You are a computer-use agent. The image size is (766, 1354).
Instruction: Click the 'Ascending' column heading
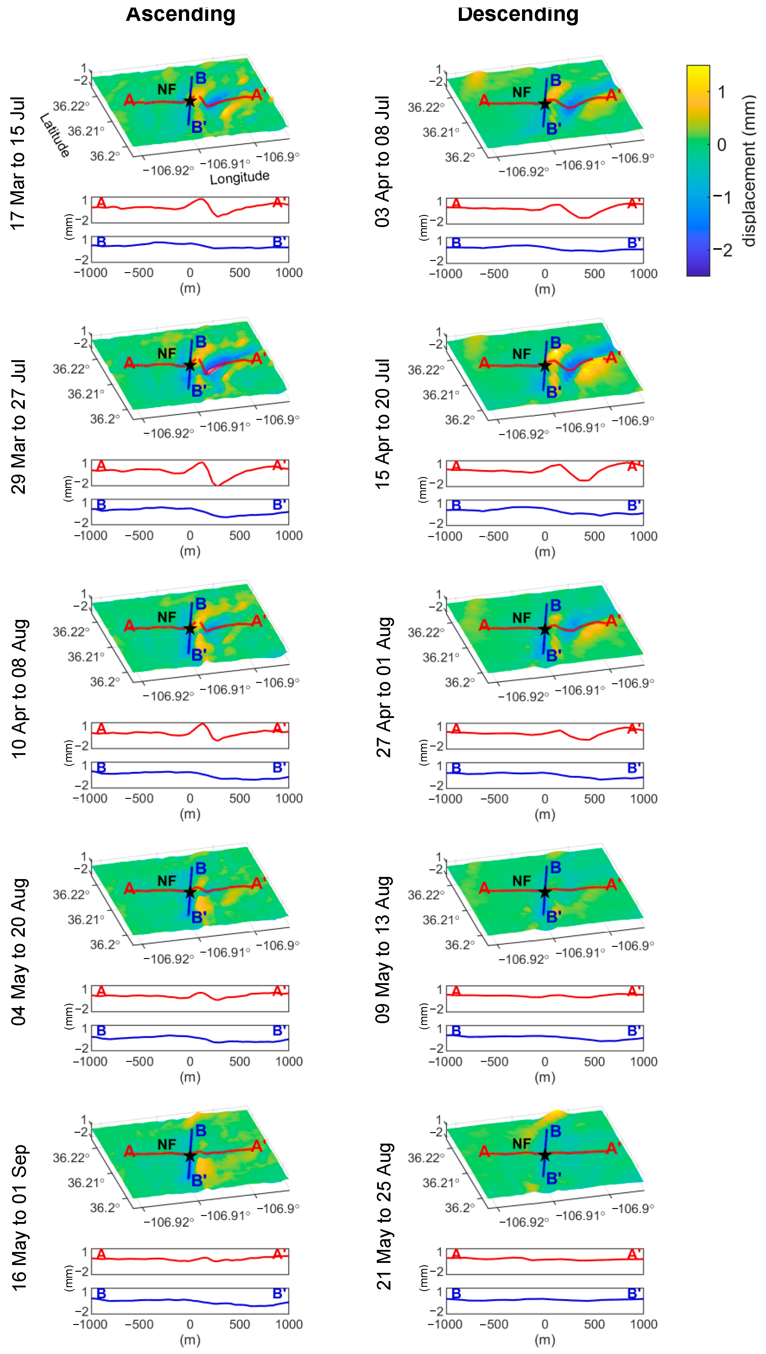coord(180,13)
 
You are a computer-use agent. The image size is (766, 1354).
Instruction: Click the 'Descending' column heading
coord(518,13)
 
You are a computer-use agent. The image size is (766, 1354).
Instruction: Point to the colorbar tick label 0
coord(722,145)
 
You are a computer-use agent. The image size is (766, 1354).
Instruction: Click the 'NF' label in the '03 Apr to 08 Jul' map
coord(521,93)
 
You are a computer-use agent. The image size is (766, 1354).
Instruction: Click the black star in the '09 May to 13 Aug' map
coord(544,892)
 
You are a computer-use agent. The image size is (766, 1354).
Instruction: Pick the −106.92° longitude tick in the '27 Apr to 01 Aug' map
coord(524,697)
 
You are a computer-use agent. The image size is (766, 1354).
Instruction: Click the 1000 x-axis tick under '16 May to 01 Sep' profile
coord(289,1324)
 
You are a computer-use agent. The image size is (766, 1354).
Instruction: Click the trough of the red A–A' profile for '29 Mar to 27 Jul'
coord(217,484)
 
